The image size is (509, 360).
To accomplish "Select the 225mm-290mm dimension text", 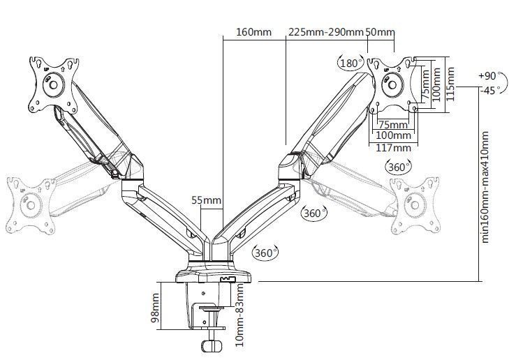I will pyautogui.click(x=326, y=32).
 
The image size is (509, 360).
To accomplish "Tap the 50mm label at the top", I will pyautogui.click(x=380, y=32).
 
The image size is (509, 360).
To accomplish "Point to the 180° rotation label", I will pyautogui.click(x=348, y=62).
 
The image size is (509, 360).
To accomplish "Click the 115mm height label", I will pyautogui.click(x=450, y=83).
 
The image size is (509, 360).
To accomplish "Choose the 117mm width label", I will pyautogui.click(x=393, y=147).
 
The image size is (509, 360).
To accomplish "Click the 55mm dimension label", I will pyautogui.click(x=206, y=201).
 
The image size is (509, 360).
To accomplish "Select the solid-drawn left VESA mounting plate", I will pyautogui.click(x=53, y=84).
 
